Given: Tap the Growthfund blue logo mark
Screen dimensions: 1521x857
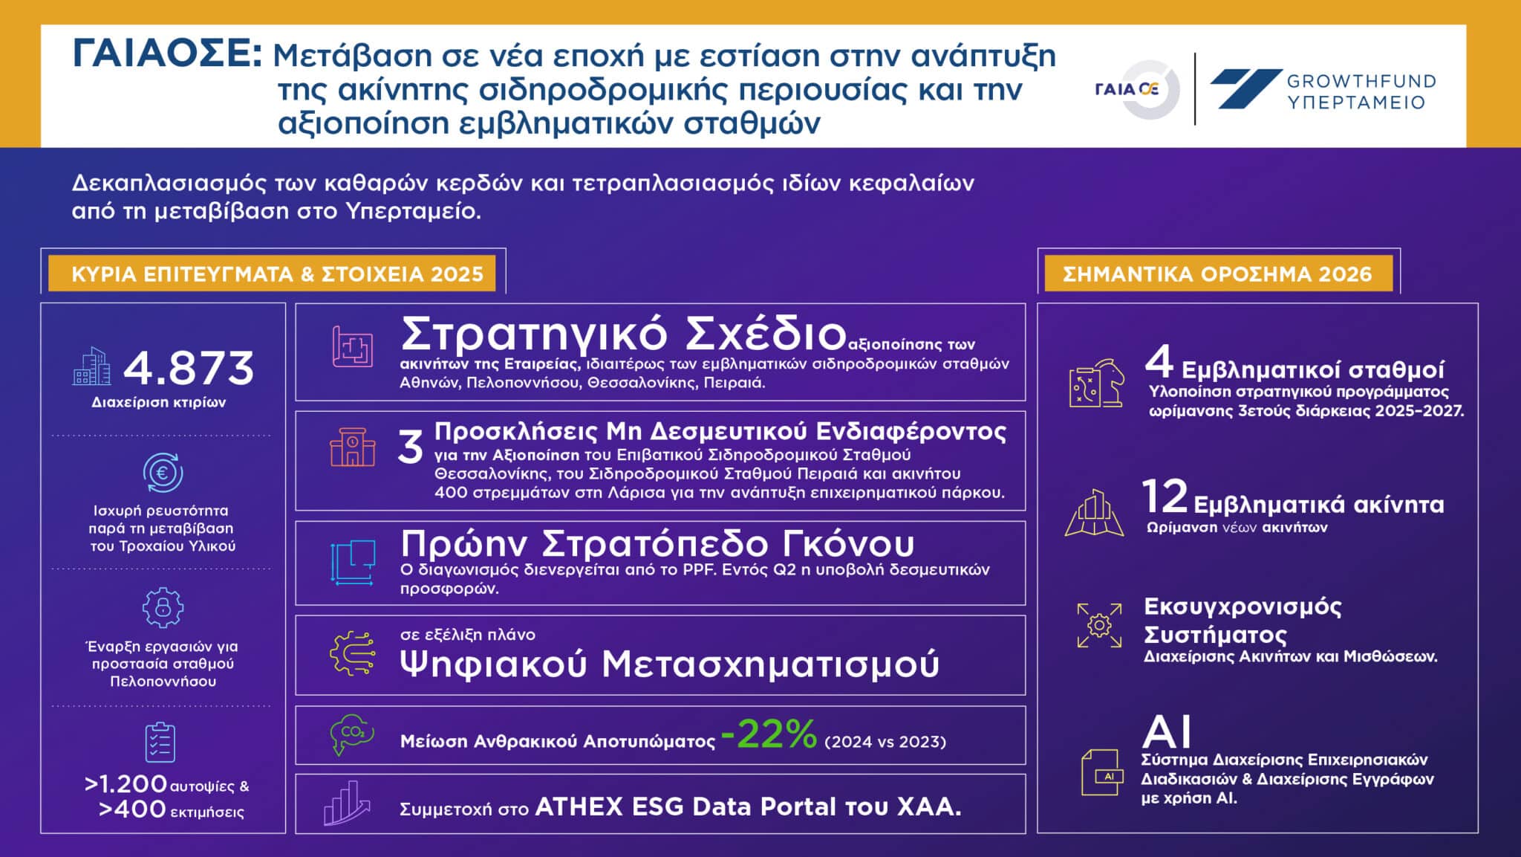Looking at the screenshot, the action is pyautogui.click(x=1246, y=88).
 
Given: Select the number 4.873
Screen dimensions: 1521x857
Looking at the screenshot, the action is pyautogui.click(x=189, y=369).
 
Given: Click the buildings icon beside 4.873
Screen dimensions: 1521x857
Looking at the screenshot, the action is pyautogui.click(x=91, y=366).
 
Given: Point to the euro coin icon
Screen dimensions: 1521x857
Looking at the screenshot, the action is pyautogui.click(x=163, y=473).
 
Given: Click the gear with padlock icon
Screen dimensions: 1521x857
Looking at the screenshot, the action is pyautogui.click(x=163, y=607).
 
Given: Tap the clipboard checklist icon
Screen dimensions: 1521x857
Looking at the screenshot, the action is pyautogui.click(x=160, y=743).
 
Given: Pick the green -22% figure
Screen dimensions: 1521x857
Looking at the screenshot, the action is pyautogui.click(x=769, y=735).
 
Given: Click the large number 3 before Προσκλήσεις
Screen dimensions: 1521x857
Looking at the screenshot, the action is pyautogui.click(x=411, y=447).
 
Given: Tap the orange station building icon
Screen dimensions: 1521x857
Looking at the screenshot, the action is pyautogui.click(x=353, y=447).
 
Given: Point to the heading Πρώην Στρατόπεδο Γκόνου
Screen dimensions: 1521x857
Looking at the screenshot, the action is pyautogui.click(x=657, y=544).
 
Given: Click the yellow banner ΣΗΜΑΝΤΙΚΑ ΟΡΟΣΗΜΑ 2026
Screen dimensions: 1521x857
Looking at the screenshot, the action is pyautogui.click(x=1218, y=274).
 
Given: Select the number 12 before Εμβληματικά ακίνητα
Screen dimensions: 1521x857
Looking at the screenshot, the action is pyautogui.click(x=1165, y=497).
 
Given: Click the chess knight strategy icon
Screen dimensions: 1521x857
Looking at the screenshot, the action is pyautogui.click(x=1095, y=384).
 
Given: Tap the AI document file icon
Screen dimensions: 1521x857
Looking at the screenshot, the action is pyautogui.click(x=1101, y=772).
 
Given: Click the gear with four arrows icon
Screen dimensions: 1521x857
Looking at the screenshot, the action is pyautogui.click(x=1099, y=624).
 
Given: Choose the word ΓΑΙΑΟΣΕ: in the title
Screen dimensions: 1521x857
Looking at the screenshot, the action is pyautogui.click(x=167, y=54).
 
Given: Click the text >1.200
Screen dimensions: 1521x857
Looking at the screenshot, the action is pyautogui.click(x=126, y=784).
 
